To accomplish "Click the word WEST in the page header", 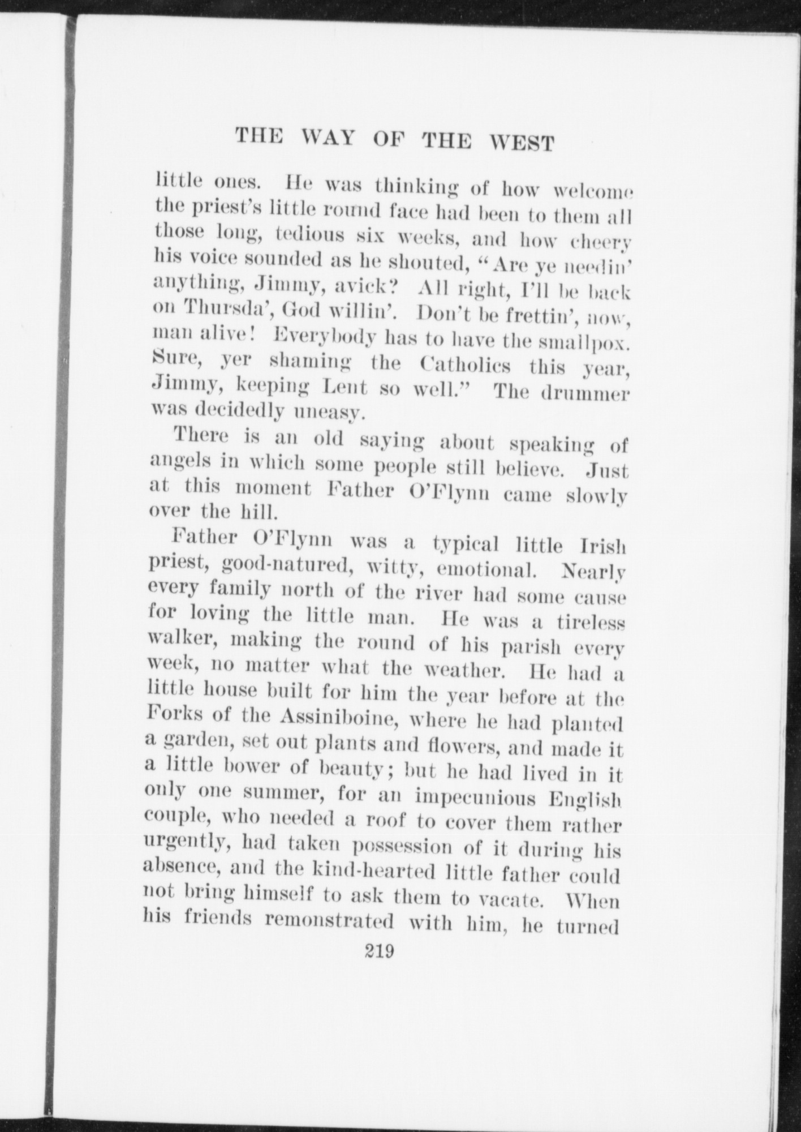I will [x=521, y=142].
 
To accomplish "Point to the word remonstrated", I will [x=329, y=920].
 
